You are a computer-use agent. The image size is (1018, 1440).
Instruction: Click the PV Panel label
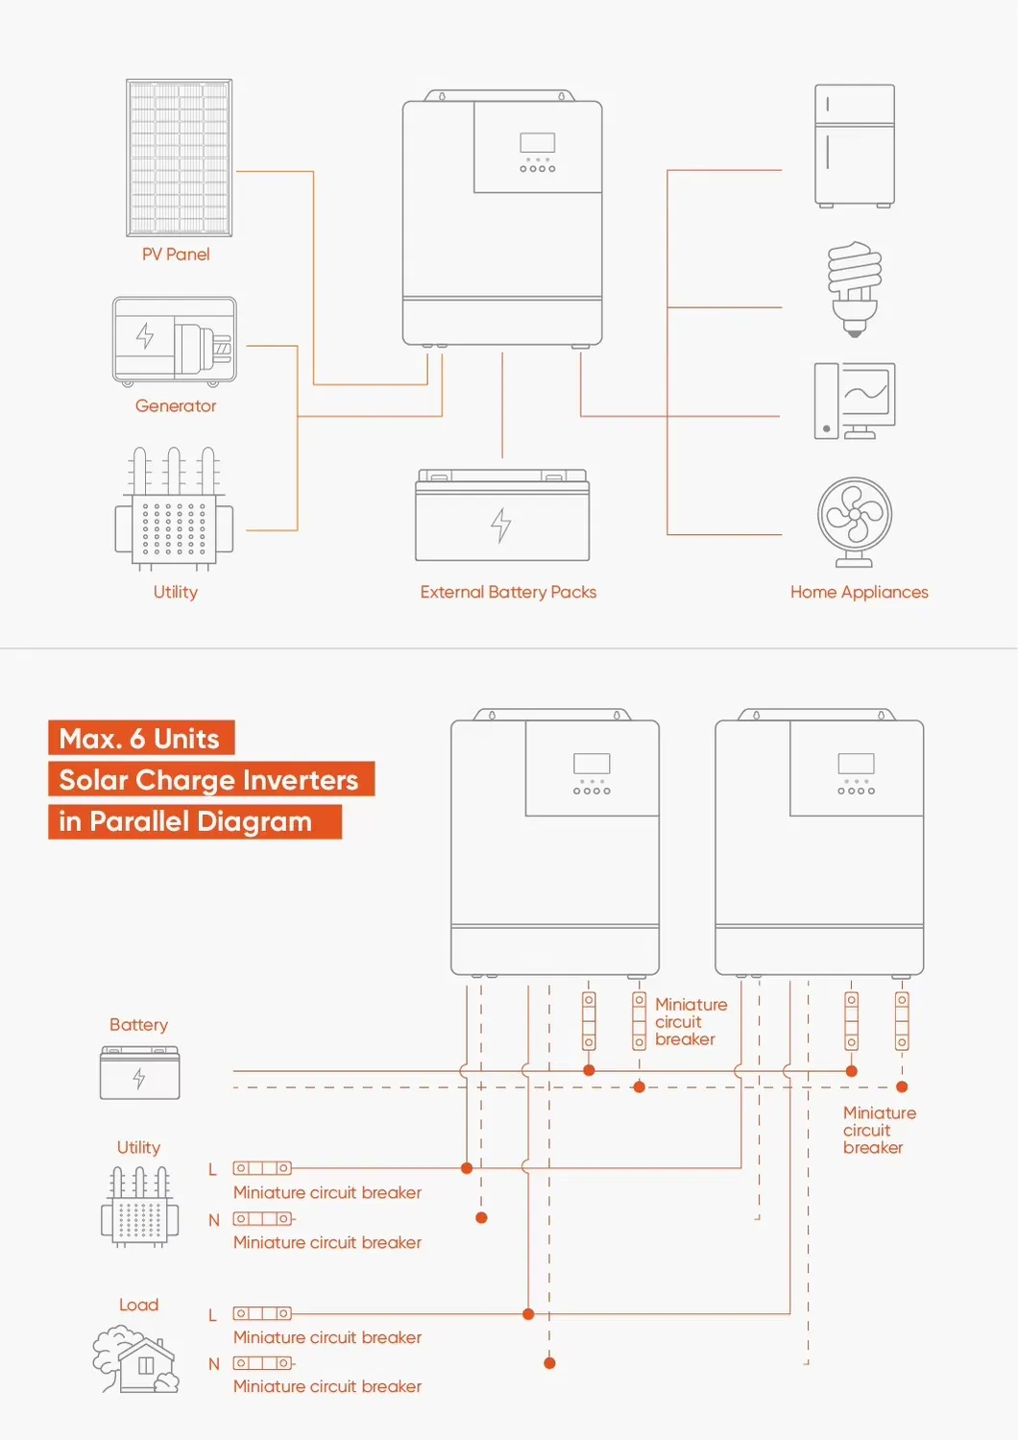point(176,255)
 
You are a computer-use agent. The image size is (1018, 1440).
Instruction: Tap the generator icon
point(174,340)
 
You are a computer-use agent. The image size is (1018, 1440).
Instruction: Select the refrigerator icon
point(855,145)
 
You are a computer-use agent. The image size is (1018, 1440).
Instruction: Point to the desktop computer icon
point(854,401)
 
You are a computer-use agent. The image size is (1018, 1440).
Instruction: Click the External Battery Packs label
point(508,592)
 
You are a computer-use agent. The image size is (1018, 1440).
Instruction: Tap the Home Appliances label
point(859,592)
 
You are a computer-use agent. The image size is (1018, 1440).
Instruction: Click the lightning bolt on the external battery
point(500,525)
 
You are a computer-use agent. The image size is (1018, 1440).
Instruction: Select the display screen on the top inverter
point(537,142)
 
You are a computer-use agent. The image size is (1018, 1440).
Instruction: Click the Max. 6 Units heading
point(140,739)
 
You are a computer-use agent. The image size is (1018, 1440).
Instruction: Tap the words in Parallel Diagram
point(186,821)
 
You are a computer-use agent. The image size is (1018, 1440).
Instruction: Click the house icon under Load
point(136,1359)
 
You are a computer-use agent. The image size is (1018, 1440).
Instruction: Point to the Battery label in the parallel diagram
point(138,1025)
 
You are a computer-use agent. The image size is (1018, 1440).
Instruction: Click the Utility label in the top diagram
point(176,592)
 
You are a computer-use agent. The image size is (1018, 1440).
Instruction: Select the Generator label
point(176,406)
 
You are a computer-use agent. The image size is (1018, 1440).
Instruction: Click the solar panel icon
point(179,158)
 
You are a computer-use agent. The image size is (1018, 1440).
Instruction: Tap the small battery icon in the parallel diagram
point(140,1073)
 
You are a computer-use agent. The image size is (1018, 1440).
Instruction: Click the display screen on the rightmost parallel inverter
point(856,764)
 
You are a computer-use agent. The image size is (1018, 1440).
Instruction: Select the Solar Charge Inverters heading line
point(209,780)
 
